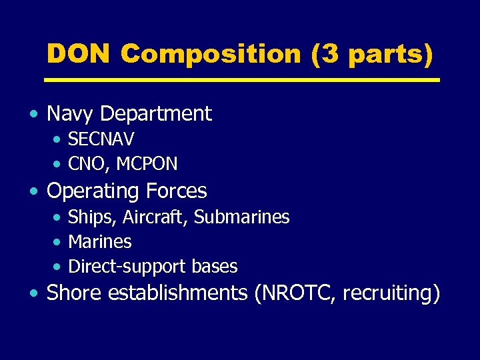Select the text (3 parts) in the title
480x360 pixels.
tap(372, 55)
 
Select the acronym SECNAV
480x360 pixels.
tap(101, 139)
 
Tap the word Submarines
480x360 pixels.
tap(241, 217)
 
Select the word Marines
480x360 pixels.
tap(100, 242)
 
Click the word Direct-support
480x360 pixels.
tap(127, 267)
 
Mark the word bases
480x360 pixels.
tap(215, 267)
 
